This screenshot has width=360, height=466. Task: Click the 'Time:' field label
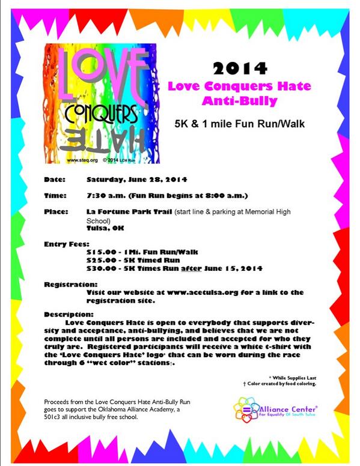tap(55, 196)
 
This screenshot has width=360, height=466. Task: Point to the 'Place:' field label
tap(56, 213)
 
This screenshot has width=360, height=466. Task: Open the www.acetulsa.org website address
tap(209, 292)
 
